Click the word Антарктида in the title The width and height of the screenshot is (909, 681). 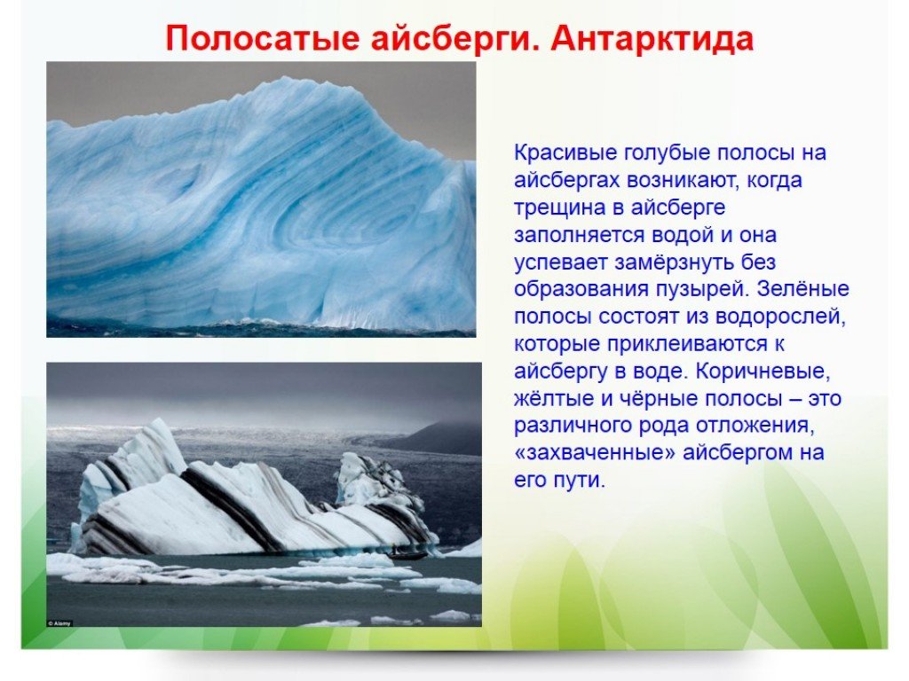[x=652, y=39]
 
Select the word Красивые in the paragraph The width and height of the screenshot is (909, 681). [x=565, y=153]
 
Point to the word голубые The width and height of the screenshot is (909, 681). [x=667, y=153]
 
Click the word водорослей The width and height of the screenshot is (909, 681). [x=780, y=317]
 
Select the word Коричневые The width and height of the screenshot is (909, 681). [x=763, y=372]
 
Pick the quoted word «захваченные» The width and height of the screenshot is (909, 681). [x=595, y=453]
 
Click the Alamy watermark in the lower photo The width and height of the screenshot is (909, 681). [x=59, y=623]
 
